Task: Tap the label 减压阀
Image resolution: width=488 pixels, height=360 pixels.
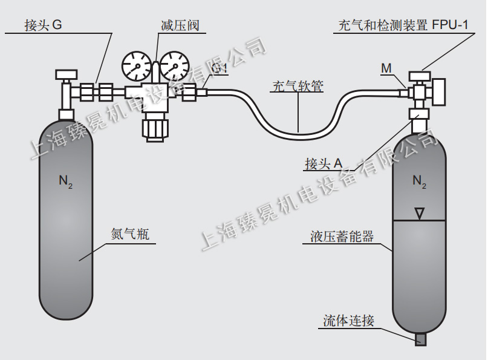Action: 180,25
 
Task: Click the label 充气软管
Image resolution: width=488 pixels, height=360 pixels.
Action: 296,86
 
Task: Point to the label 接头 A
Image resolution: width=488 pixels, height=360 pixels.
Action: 324,163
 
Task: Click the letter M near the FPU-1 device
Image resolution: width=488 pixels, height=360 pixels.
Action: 386,68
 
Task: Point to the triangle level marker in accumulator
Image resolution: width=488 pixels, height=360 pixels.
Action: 419,213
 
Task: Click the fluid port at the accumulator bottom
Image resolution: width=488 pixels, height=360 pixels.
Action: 420,339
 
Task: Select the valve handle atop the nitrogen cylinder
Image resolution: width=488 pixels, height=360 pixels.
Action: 65,74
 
